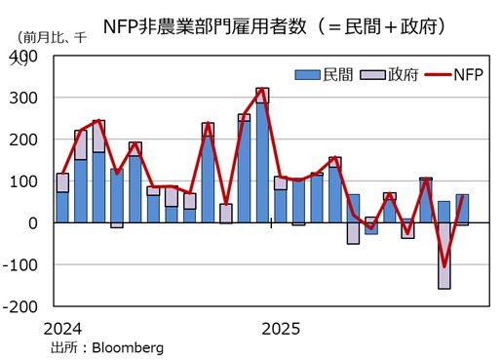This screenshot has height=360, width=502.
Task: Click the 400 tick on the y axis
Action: click(23, 57)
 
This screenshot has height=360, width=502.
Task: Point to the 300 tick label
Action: click(23, 99)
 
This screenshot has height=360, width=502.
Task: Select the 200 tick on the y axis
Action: click(23, 140)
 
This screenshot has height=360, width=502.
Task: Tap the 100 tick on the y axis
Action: click(23, 181)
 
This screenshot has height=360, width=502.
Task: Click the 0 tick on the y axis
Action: click(32, 222)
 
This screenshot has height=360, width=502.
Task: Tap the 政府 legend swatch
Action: click(371, 74)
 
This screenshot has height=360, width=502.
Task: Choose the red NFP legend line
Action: click(435, 74)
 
